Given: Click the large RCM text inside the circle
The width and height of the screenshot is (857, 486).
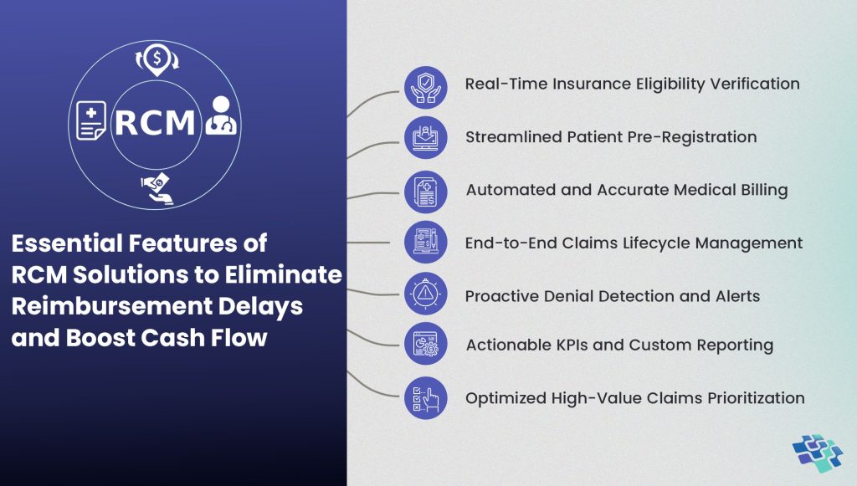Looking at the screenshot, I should click(x=155, y=122).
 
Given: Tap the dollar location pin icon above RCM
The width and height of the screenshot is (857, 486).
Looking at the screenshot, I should click(x=155, y=61).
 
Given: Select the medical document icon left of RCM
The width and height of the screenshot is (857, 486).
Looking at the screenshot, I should click(x=91, y=120).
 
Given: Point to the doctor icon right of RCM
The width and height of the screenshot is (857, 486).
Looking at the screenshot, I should click(x=221, y=117).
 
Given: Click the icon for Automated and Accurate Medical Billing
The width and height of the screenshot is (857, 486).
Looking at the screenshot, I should click(x=426, y=192).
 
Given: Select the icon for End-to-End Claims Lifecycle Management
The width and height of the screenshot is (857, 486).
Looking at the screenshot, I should click(x=426, y=243).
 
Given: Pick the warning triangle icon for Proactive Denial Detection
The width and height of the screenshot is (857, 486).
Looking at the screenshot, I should click(x=426, y=295).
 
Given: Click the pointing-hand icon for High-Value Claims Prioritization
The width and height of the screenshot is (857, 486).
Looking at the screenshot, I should click(x=426, y=398).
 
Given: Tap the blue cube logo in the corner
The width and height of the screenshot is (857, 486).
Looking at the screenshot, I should click(x=818, y=453).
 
